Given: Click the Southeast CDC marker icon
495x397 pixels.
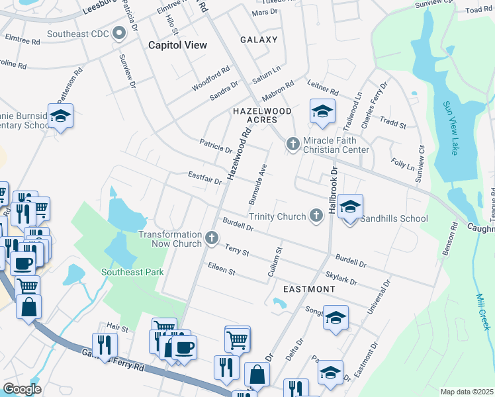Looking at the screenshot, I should (x=119, y=32).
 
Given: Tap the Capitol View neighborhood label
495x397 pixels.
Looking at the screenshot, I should (x=177, y=45).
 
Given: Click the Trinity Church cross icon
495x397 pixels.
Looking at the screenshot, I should (x=316, y=215).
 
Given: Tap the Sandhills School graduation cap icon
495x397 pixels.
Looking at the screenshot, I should (x=350, y=208).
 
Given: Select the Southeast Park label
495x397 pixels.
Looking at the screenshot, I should (x=132, y=272).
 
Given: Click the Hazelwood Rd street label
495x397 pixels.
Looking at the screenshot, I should (x=240, y=154).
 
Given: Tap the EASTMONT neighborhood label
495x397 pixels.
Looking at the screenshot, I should (x=309, y=290).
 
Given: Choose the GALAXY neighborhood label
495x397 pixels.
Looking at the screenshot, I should (x=259, y=40).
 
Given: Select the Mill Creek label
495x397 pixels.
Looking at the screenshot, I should (x=482, y=312).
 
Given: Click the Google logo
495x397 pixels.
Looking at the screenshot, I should (x=22, y=389).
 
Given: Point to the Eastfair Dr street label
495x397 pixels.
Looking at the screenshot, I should (x=204, y=179).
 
